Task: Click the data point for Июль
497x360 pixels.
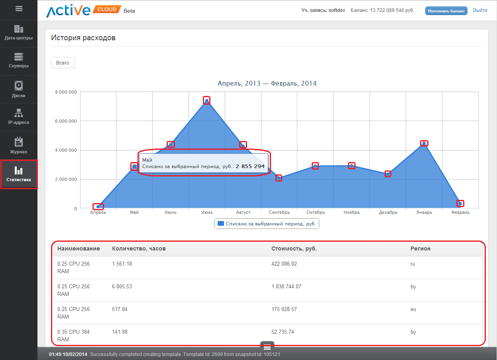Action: [x=206, y=101]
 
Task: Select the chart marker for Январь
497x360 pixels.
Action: [x=424, y=144]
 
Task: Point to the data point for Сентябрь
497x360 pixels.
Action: [x=279, y=178]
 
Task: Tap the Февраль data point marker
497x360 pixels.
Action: [x=460, y=203]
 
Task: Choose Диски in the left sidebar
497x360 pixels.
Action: [x=19, y=90]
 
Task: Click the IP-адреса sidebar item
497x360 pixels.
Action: [x=19, y=117]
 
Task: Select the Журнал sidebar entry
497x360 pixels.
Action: [x=19, y=146]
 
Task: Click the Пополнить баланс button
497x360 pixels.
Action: [x=446, y=11]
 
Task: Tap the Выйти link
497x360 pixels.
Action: [x=480, y=10]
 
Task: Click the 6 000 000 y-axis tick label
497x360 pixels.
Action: [x=66, y=121]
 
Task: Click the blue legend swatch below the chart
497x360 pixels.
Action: [x=221, y=224]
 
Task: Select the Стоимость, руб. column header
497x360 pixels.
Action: [x=294, y=248]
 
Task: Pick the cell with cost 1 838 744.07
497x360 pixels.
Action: [x=286, y=286]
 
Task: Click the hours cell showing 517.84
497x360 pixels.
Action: [x=120, y=309]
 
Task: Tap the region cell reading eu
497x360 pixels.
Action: [x=413, y=309]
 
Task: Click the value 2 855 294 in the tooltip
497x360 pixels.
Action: [x=250, y=166]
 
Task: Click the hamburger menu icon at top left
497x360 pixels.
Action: [x=19, y=8]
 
